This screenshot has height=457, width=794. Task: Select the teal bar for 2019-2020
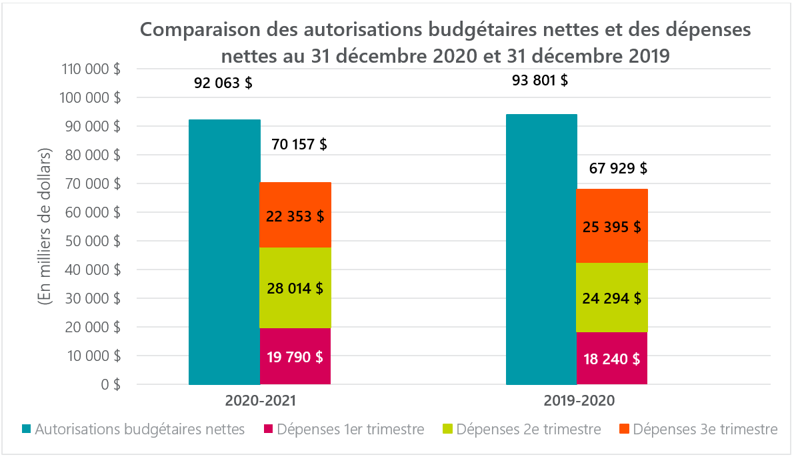coord(541,250)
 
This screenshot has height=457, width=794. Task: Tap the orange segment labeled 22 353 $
coord(295,215)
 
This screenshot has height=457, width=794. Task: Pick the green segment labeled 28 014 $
coord(295,288)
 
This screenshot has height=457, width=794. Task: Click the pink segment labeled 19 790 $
coord(295,357)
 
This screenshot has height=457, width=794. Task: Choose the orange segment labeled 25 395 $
coord(612,226)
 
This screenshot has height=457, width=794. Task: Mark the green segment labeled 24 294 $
coord(612,298)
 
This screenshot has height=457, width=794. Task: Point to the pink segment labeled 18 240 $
coord(612,359)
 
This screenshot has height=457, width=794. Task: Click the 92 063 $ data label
coord(223,83)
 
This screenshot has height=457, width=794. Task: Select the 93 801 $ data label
coord(540,81)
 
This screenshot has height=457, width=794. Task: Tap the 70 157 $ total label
coord(299,144)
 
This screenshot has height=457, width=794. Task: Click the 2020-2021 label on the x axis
coord(260,402)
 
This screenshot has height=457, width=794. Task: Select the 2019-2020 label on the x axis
coord(577,402)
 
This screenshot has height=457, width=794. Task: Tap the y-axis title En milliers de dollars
coord(45,226)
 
